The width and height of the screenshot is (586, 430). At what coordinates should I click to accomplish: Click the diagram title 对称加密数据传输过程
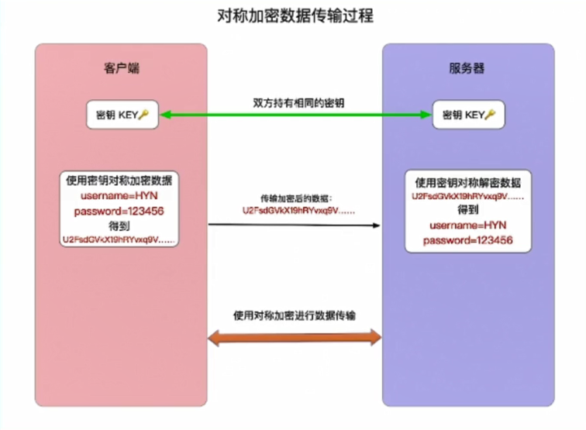(x=295, y=16)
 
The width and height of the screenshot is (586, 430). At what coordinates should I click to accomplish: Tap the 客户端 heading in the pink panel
(x=122, y=68)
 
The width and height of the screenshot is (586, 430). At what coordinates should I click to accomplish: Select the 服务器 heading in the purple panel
(x=467, y=68)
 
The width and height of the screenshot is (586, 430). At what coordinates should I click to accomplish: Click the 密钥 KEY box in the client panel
(x=122, y=115)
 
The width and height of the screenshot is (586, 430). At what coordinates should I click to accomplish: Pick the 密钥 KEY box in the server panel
(x=468, y=115)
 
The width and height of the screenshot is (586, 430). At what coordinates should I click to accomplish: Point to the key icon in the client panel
(x=143, y=115)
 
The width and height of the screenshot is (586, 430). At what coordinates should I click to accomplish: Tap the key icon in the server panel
(x=490, y=115)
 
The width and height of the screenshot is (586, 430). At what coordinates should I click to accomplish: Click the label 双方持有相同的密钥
(x=298, y=103)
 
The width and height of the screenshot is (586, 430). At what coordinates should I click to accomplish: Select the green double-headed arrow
(x=295, y=115)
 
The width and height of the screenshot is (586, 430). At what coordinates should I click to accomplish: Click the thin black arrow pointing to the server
(x=294, y=225)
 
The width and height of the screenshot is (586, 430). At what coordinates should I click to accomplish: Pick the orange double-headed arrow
(x=295, y=338)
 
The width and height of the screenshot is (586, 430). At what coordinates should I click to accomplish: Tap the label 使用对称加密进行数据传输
(x=295, y=315)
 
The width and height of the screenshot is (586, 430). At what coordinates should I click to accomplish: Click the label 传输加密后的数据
(x=296, y=198)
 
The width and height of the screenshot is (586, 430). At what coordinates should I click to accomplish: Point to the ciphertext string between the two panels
(x=298, y=211)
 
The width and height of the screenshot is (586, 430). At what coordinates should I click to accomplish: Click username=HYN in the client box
(x=119, y=196)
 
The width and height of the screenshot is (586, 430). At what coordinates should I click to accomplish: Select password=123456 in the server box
(x=468, y=240)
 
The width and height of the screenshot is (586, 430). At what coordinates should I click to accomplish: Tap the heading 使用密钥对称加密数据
(x=119, y=181)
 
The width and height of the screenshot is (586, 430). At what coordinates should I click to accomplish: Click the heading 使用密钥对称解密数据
(x=468, y=183)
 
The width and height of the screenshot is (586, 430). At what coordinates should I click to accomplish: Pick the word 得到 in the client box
(x=119, y=226)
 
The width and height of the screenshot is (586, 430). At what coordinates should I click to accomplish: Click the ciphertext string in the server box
(x=468, y=197)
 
